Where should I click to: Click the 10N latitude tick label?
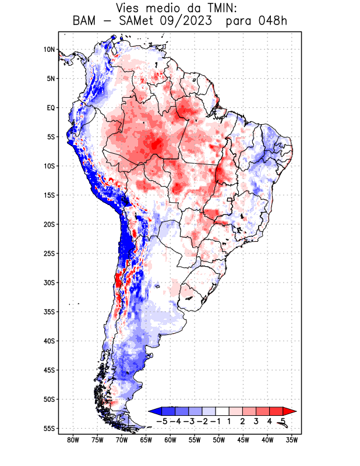pyautogui.click(x=49, y=50)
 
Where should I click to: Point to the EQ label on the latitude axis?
pyautogui.click(x=50, y=108)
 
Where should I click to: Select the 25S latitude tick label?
pyautogui.click(x=49, y=253)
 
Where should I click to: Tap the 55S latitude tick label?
pyautogui.click(x=49, y=428)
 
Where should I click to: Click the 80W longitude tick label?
pyautogui.click(x=73, y=440)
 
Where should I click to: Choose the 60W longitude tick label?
pyautogui.click(x=170, y=440)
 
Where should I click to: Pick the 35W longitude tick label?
pyautogui.click(x=292, y=440)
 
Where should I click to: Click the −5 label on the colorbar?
pyautogui.click(x=161, y=421)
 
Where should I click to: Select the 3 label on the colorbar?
pyautogui.click(x=256, y=421)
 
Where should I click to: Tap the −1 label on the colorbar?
pyautogui.click(x=215, y=421)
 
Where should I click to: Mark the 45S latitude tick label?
pyautogui.click(x=49, y=370)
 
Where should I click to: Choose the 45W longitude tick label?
pyautogui.click(x=243, y=440)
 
